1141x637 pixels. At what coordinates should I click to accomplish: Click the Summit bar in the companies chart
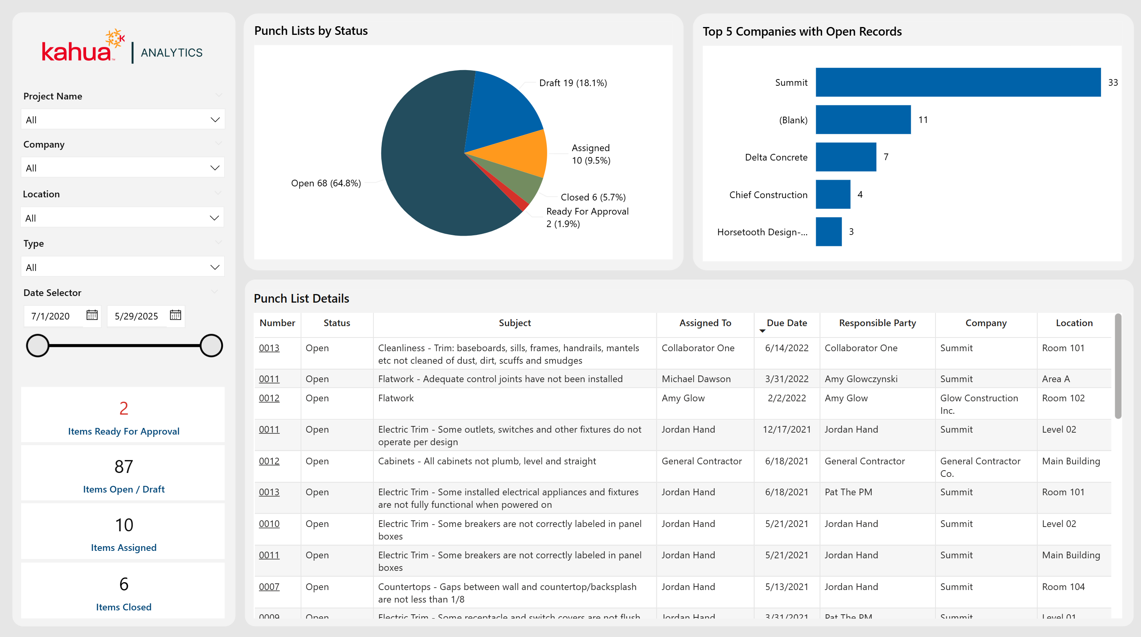pyautogui.click(x=958, y=82)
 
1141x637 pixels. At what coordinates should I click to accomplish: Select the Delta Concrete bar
pyautogui.click(x=845, y=157)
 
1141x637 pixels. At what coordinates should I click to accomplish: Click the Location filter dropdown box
pyautogui.click(x=122, y=218)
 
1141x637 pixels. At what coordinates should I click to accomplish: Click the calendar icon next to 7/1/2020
pyautogui.click(x=92, y=316)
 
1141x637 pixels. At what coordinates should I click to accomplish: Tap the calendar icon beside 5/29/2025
pyautogui.click(x=175, y=316)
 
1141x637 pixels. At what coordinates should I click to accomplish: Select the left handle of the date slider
pyautogui.click(x=38, y=346)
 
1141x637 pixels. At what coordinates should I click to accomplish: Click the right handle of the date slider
pyautogui.click(x=211, y=346)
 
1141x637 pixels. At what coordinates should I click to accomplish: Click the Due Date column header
pyautogui.click(x=786, y=323)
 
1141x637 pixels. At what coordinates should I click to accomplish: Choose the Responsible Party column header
pyautogui.click(x=877, y=323)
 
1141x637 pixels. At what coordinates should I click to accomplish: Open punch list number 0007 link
pyautogui.click(x=269, y=587)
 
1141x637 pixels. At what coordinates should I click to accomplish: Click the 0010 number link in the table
pyautogui.click(x=269, y=524)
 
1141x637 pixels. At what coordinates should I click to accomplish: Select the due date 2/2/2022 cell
pyautogui.click(x=787, y=398)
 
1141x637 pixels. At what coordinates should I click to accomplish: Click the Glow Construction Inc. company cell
pyautogui.click(x=979, y=404)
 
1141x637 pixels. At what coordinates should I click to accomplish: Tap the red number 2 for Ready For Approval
pyautogui.click(x=124, y=408)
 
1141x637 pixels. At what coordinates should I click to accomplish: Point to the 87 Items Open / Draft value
pyautogui.click(x=124, y=466)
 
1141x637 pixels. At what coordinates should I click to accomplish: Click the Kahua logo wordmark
pyautogui.click(x=76, y=52)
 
